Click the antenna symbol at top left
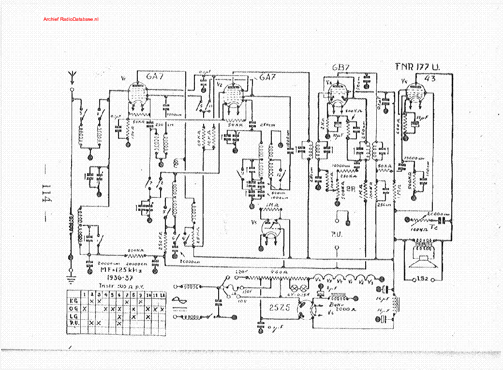[x=72, y=76]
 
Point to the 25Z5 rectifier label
[x=275, y=306]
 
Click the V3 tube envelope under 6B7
[x=336, y=93]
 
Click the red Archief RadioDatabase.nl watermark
[x=71, y=19]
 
